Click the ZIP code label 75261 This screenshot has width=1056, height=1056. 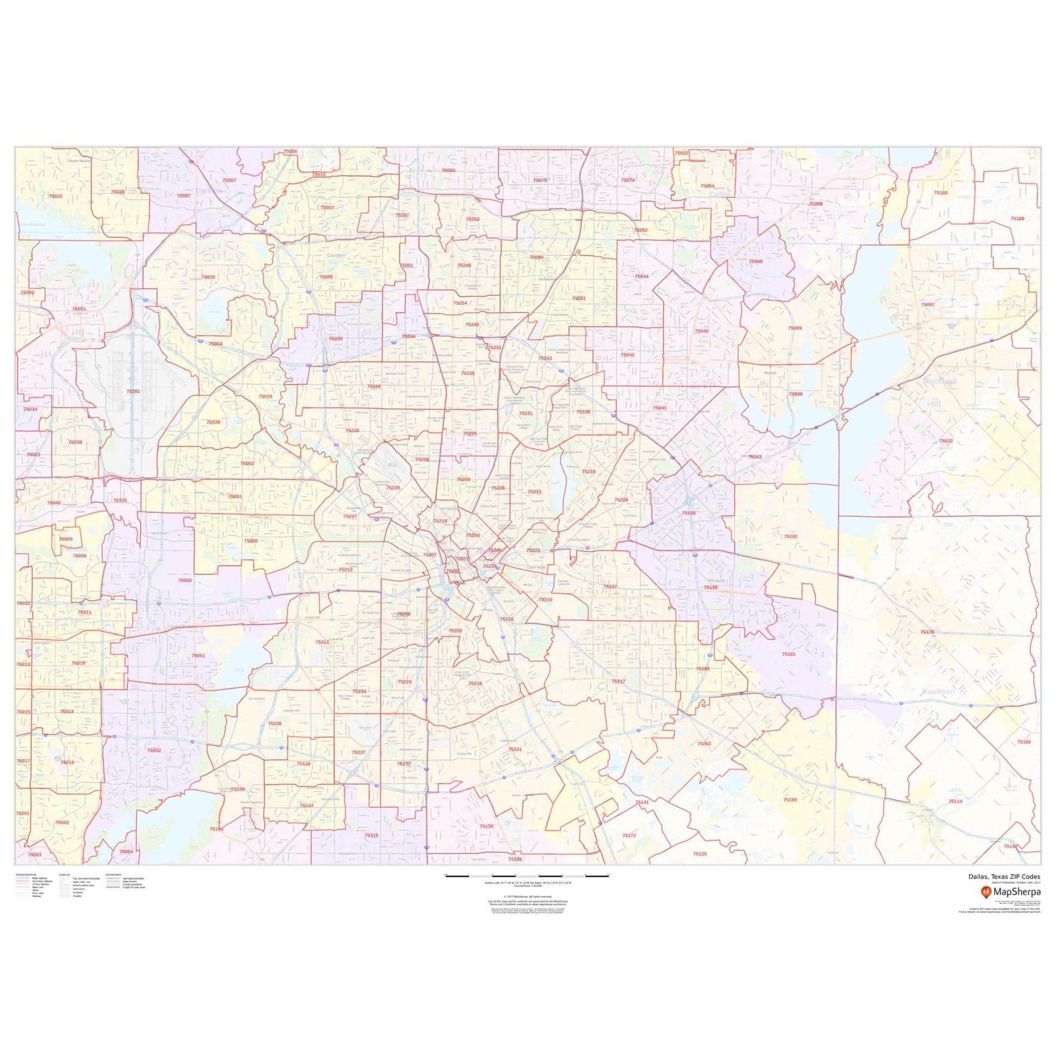tap(133, 391)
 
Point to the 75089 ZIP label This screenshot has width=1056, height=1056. tap(795, 328)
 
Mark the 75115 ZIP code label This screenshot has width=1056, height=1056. tap(371, 836)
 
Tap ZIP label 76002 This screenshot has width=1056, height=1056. tap(62, 822)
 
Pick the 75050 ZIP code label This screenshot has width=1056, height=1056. tap(185, 580)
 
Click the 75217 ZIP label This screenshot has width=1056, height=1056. tap(618, 682)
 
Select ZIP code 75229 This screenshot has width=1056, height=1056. tap(374, 386)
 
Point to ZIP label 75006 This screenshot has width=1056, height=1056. tap(326, 276)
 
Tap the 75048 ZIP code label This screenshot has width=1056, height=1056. tap(755, 261)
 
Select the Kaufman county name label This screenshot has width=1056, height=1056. tap(937, 691)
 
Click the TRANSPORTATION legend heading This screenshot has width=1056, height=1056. tap(26, 874)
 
